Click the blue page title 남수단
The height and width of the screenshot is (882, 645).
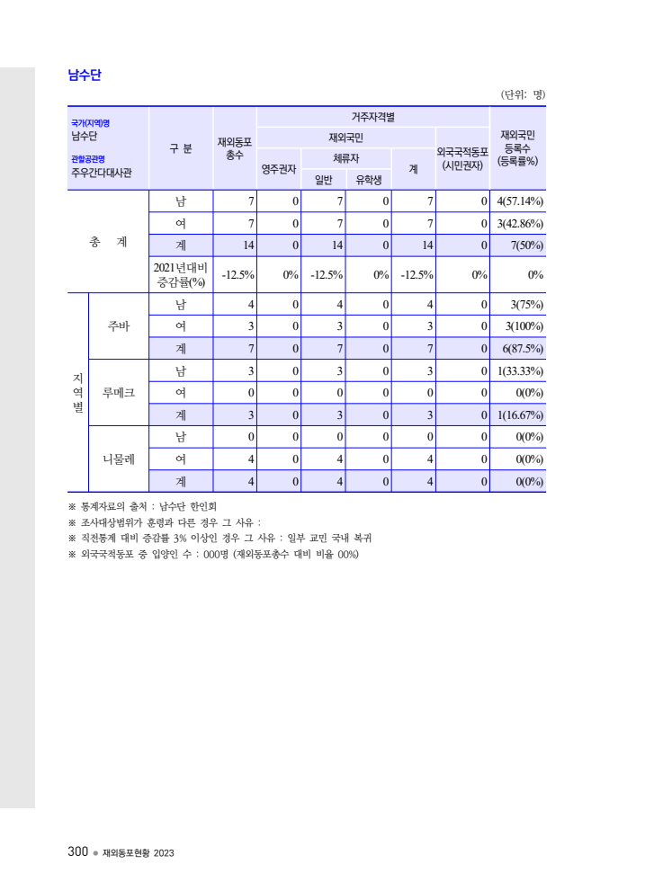click(84, 76)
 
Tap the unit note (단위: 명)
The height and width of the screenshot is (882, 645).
click(523, 94)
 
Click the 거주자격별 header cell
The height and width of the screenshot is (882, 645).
click(372, 117)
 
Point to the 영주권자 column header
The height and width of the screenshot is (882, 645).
click(279, 168)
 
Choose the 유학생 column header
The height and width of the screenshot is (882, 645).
click(369, 178)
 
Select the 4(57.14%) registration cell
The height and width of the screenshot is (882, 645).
click(519, 201)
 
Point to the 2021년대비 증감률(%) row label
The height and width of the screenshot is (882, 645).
click(180, 274)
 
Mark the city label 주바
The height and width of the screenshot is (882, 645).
click(119, 326)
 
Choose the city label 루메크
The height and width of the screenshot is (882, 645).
click(119, 393)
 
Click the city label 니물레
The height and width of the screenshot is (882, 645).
click(119, 459)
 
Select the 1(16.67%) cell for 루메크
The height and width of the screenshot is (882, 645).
click(519, 414)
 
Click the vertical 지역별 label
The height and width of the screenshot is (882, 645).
click(77, 393)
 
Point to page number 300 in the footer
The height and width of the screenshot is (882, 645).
click(77, 851)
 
